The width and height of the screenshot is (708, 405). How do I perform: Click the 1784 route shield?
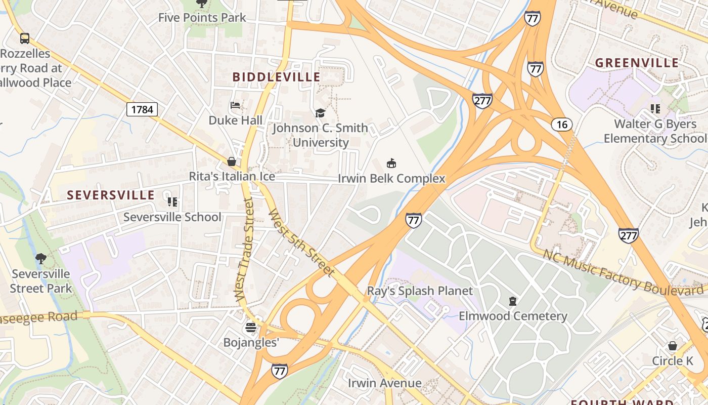tap(142, 109)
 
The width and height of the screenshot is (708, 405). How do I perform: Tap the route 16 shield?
tap(562, 125)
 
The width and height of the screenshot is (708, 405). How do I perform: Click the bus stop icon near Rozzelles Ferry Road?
tap(24, 38)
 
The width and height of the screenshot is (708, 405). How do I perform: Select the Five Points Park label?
tap(202, 17)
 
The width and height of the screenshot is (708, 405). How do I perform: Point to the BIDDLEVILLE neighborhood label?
tap(276, 77)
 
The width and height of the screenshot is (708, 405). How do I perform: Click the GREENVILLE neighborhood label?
tap(637, 63)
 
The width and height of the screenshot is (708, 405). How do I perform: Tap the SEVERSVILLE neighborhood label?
tap(111, 195)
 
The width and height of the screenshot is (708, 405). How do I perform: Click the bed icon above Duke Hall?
tap(235, 105)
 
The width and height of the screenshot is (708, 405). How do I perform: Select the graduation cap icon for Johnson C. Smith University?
tap(320, 113)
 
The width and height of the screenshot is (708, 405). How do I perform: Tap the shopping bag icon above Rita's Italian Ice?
tap(232, 161)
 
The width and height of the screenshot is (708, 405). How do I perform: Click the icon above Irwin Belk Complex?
tap(391, 163)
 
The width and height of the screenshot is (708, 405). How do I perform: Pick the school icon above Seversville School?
tap(172, 202)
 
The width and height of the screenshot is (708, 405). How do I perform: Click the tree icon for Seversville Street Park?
tap(41, 259)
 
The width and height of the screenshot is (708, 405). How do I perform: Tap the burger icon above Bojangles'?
tap(251, 328)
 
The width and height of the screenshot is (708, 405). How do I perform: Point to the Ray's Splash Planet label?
tap(420, 291)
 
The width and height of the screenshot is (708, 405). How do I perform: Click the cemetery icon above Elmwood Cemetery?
tap(513, 301)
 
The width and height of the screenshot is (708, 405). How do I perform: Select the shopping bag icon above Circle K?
tap(672, 346)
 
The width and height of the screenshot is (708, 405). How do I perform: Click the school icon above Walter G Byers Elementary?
tap(655, 109)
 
